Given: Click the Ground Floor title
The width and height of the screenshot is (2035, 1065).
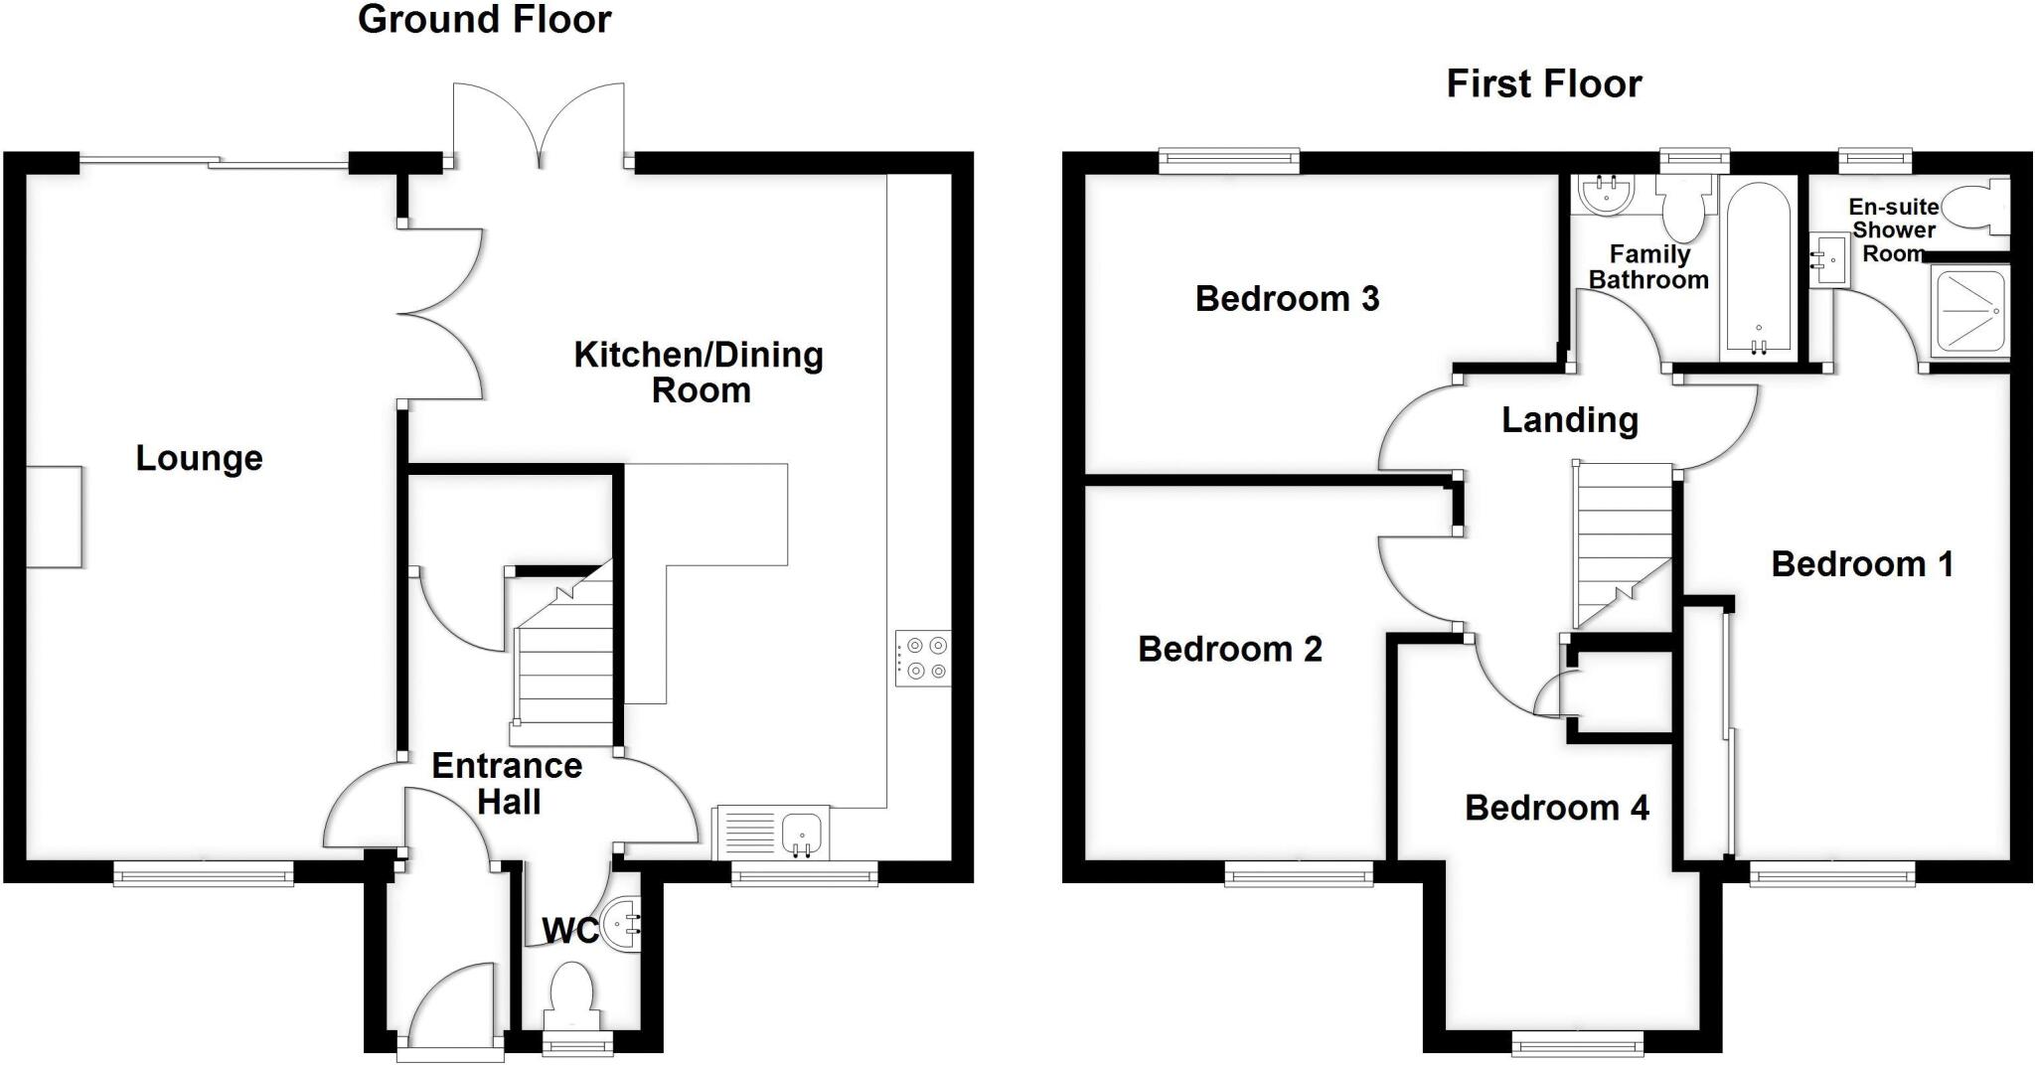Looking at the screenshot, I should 484,20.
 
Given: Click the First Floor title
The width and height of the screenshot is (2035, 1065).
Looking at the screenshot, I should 1543,84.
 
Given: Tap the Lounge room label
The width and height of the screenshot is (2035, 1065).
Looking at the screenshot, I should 199,459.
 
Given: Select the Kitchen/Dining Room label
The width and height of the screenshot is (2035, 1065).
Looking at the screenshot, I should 699,373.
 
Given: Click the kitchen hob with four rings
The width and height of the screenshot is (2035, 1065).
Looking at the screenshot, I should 923,659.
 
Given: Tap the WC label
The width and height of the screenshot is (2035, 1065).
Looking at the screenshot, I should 569,931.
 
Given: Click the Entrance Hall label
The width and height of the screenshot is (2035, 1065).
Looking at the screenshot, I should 508,784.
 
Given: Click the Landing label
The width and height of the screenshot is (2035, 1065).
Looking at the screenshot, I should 1569,420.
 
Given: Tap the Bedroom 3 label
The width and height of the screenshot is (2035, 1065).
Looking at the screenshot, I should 1287,299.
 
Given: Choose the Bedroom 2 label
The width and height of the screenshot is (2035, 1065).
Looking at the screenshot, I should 1229,650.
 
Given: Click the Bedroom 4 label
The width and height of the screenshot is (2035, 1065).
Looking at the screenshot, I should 1556,808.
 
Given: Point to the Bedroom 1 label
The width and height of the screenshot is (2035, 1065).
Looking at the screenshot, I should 1861,564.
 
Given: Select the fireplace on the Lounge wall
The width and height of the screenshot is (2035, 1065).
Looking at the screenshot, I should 54,517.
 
